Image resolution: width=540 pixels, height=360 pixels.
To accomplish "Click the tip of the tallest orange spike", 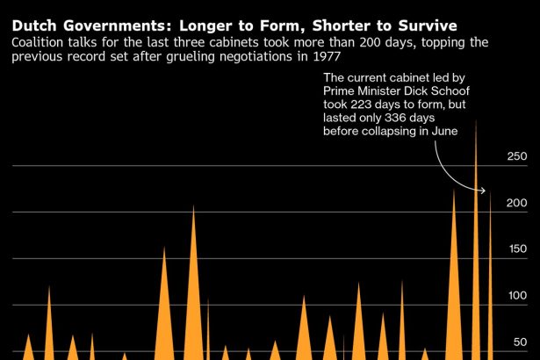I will [476, 119].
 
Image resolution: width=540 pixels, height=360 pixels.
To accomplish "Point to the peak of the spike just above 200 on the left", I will [193, 206].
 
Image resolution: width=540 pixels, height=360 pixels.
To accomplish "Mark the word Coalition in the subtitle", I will [40, 42].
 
